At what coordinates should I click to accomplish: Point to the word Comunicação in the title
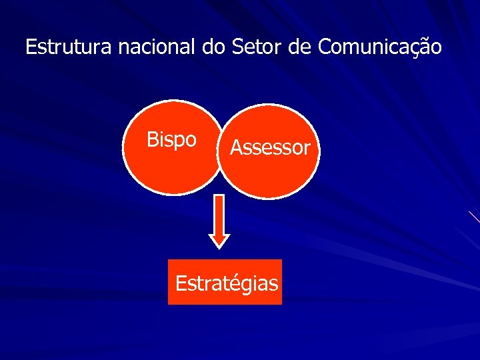click(379, 47)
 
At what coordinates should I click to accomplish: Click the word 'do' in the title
click(213, 47)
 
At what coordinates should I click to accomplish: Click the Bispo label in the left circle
click(171, 140)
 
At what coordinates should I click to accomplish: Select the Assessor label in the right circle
click(270, 147)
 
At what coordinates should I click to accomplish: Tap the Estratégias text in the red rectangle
click(226, 283)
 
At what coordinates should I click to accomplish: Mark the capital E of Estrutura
click(30, 47)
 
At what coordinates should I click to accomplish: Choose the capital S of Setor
click(238, 47)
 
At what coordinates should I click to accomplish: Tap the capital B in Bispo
click(152, 139)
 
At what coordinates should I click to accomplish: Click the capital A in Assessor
click(236, 147)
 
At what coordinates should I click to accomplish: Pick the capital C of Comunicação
click(325, 47)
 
